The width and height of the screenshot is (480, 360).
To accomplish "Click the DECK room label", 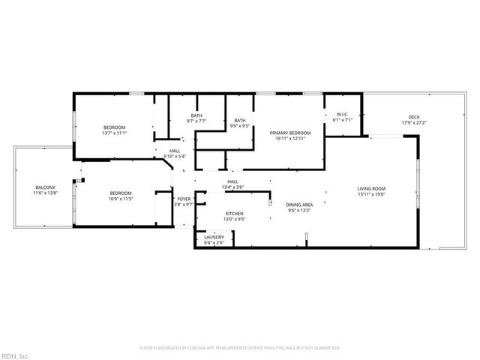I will [414, 117].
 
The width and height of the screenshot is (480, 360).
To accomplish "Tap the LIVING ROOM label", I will [370, 188].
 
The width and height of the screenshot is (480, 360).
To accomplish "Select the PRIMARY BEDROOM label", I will [290, 132].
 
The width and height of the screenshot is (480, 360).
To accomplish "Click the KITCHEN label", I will [235, 214].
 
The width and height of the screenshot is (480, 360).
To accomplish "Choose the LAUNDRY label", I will [214, 237].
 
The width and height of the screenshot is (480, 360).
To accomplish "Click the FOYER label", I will [184, 199].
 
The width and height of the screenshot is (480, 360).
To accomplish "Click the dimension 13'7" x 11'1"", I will [114, 133].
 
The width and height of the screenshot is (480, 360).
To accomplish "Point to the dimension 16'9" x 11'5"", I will [120, 198].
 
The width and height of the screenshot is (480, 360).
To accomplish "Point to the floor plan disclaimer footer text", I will [239, 348].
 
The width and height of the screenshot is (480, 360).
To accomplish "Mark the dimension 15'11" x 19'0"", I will [370, 193].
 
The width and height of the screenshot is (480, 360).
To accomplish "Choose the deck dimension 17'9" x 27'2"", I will [414, 123].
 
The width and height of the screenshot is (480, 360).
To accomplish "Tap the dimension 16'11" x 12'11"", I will [290, 138].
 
